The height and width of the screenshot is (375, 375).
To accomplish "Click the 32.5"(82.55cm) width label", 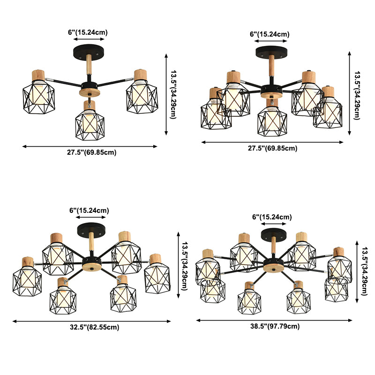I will tap(91, 328).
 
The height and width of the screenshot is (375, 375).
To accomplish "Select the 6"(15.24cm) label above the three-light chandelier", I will tap(88, 32).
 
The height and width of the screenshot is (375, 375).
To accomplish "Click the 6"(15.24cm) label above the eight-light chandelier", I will tap(272, 217).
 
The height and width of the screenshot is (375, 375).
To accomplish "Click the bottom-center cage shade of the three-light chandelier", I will tap(90, 123).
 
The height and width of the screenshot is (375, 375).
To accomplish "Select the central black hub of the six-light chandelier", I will tap(90, 261).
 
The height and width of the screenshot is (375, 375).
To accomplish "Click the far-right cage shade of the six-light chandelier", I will tap(157, 277).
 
